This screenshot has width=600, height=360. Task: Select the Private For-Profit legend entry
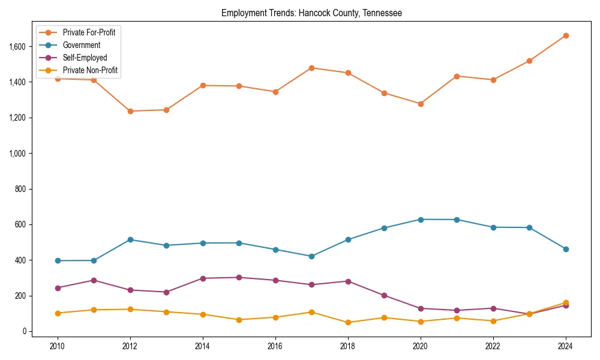coord(89,32)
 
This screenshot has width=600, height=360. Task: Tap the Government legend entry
coord(81,45)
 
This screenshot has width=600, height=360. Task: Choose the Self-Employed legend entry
coord(85,58)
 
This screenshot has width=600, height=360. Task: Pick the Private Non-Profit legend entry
coord(90,70)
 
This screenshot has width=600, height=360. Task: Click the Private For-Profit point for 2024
coord(566,35)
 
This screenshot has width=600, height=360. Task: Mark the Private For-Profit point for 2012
coord(130,111)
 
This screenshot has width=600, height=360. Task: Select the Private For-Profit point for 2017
coord(311,68)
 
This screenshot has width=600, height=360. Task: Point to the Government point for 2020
coord(421,220)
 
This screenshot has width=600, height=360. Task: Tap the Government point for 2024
coord(566,249)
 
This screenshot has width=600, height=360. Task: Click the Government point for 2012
coord(130,239)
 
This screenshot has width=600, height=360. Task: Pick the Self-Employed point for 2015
coord(239,277)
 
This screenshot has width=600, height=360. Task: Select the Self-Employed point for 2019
coord(384,295)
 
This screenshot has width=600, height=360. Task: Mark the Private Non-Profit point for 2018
coord(348,322)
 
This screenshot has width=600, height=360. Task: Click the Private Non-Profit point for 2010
coord(58,313)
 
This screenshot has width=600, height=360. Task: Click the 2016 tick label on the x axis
coord(275,346)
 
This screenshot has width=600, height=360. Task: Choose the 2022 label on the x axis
coord(493,346)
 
